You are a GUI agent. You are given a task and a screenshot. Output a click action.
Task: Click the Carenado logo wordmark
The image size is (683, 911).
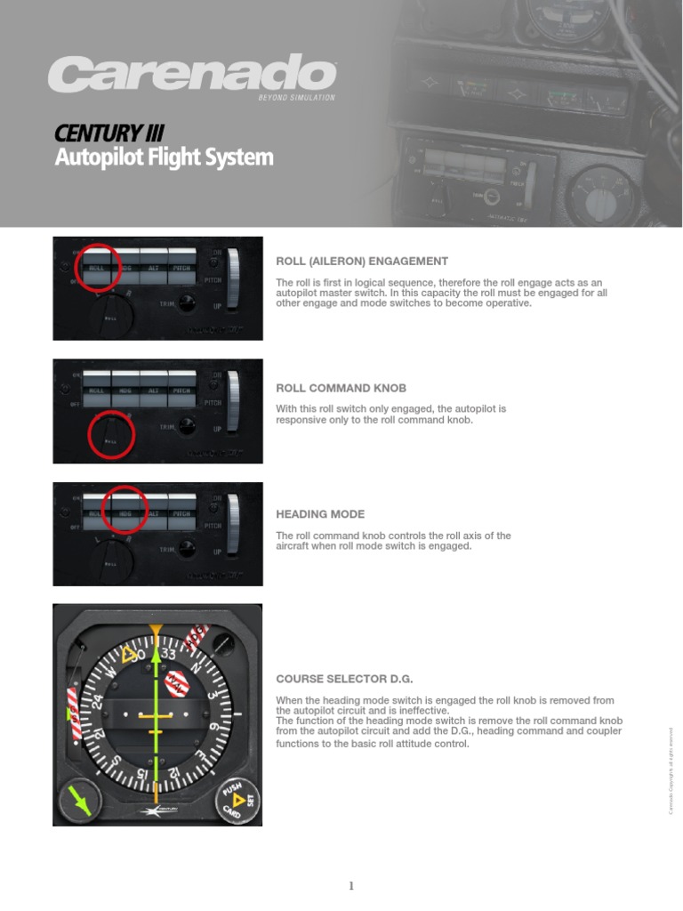click(x=191, y=74)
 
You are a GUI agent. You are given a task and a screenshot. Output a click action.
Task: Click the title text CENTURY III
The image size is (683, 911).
click(x=108, y=133)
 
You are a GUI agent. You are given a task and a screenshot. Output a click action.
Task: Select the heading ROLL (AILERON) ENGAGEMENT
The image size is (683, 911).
click(x=362, y=262)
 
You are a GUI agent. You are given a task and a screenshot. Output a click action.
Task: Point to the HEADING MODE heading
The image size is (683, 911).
click(x=320, y=514)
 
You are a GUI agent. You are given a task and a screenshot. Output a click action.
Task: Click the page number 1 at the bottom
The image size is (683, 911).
click(x=351, y=885)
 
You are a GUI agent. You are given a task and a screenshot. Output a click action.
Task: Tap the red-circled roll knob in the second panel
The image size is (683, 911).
click(x=110, y=435)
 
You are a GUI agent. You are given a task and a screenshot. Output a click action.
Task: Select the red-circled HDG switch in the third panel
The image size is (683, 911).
click(x=125, y=510)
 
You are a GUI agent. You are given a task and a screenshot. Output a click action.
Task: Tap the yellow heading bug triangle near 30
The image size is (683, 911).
click(x=131, y=656)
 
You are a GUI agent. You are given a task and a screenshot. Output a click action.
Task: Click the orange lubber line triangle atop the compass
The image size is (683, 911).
click(x=157, y=631)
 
